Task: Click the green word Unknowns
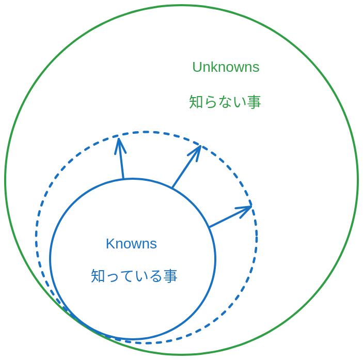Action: (x=226, y=67)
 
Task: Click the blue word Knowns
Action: (x=131, y=244)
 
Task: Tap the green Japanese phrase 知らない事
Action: (x=225, y=102)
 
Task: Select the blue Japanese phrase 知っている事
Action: (x=134, y=276)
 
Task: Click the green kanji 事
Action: (x=254, y=102)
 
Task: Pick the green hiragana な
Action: (x=225, y=102)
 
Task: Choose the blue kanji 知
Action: (x=98, y=276)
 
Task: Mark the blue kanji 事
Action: (x=170, y=276)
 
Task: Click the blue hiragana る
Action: (x=156, y=276)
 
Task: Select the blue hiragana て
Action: (x=127, y=276)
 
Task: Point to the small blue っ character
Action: (x=113, y=277)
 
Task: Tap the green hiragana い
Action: (x=239, y=102)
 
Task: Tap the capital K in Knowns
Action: (x=109, y=244)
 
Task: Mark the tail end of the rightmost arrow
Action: (x=210, y=227)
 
